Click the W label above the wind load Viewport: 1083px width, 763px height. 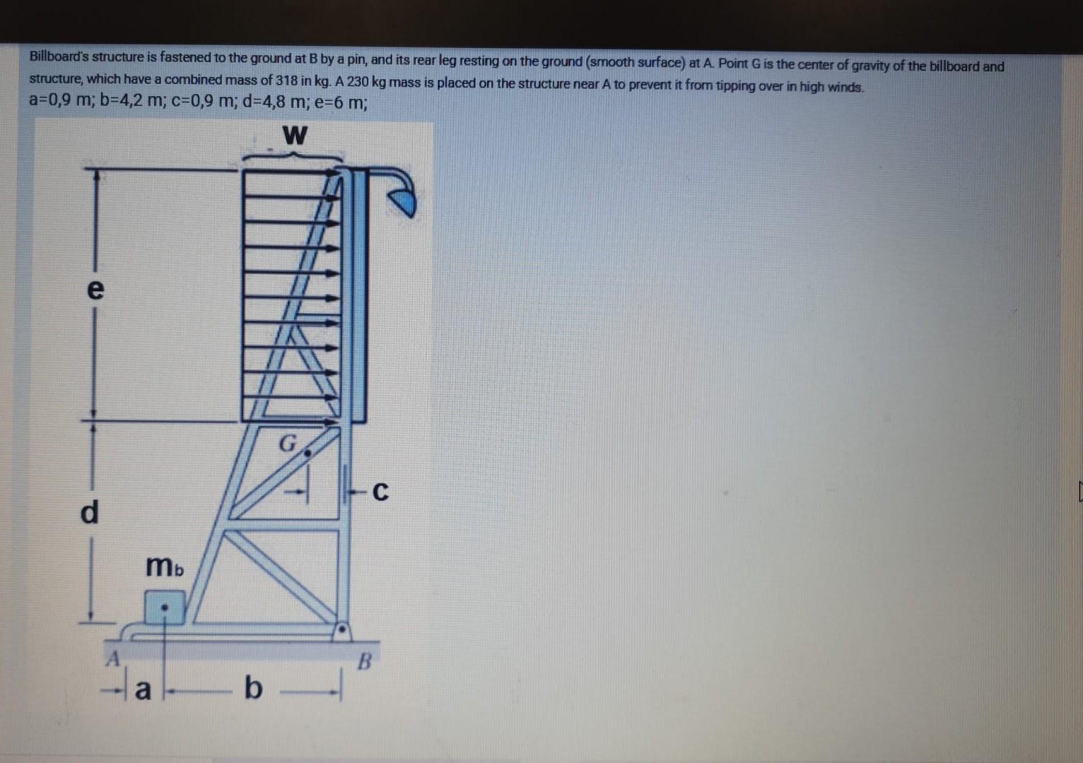coord(294,134)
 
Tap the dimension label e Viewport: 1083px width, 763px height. coord(95,289)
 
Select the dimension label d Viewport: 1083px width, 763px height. coord(90,511)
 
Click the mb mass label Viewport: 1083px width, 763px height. coord(164,567)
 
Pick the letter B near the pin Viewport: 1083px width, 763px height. coord(364,662)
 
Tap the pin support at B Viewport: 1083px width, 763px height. coord(342,629)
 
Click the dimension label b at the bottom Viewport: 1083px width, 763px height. coord(252,687)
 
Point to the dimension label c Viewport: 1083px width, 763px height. coord(380,491)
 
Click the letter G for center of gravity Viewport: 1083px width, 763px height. coord(287,444)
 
